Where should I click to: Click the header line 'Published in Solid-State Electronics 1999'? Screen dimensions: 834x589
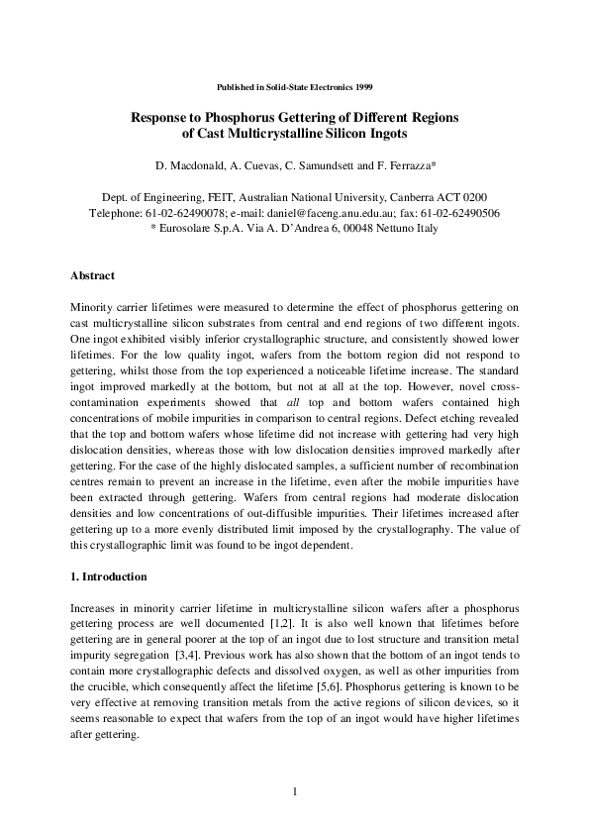pyautogui.click(x=294, y=88)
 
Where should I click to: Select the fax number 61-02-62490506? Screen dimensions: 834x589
pyautogui.click(x=461, y=212)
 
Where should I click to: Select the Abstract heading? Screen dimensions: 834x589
pyautogui.click(x=93, y=274)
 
